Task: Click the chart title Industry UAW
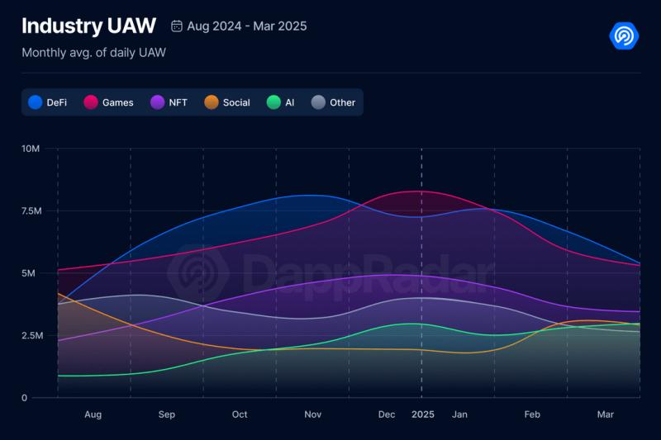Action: coord(88,26)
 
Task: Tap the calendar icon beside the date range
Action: coord(177,26)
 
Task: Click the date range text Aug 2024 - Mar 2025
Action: coord(247,26)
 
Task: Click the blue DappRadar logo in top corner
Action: coord(624,35)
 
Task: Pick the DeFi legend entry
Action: coord(48,102)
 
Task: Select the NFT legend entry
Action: coord(169,102)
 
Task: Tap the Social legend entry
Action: coord(227,102)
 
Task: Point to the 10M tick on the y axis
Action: coord(31,149)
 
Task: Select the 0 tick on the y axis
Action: coord(25,398)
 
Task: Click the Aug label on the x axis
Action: coord(93,414)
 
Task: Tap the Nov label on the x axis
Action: coord(312,414)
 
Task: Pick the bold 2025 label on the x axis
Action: coord(422,414)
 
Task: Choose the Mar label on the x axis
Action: coord(606,414)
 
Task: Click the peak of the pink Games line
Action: coord(418,191)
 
